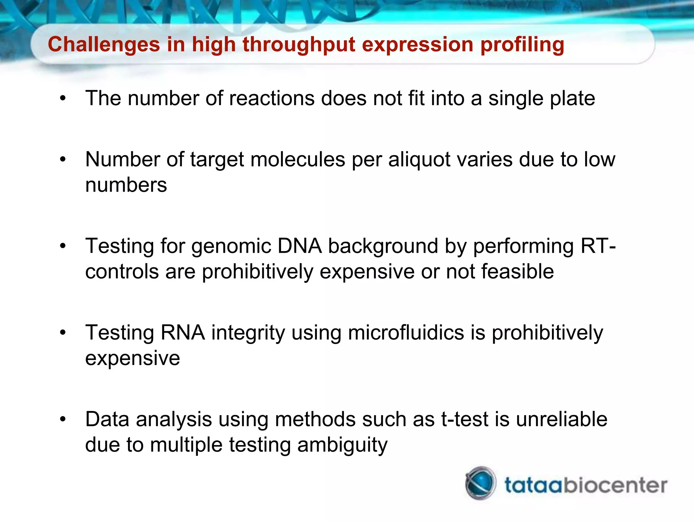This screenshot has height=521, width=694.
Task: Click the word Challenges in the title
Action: [104, 44]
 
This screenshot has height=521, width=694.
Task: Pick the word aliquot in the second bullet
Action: [425, 159]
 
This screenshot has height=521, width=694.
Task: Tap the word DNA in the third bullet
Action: [299, 246]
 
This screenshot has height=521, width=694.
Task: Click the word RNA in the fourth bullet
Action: [183, 332]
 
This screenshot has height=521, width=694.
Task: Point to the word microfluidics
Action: [406, 332]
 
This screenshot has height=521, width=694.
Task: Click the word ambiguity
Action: [342, 445]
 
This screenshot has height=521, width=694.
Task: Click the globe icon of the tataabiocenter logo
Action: [481, 483]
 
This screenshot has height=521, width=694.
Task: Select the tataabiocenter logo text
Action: [586, 485]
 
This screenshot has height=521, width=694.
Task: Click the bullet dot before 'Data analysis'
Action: [63, 420]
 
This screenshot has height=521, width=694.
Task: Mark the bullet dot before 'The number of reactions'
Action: [63, 99]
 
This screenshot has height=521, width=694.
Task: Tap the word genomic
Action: [231, 247]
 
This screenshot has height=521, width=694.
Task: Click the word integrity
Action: [248, 333]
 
